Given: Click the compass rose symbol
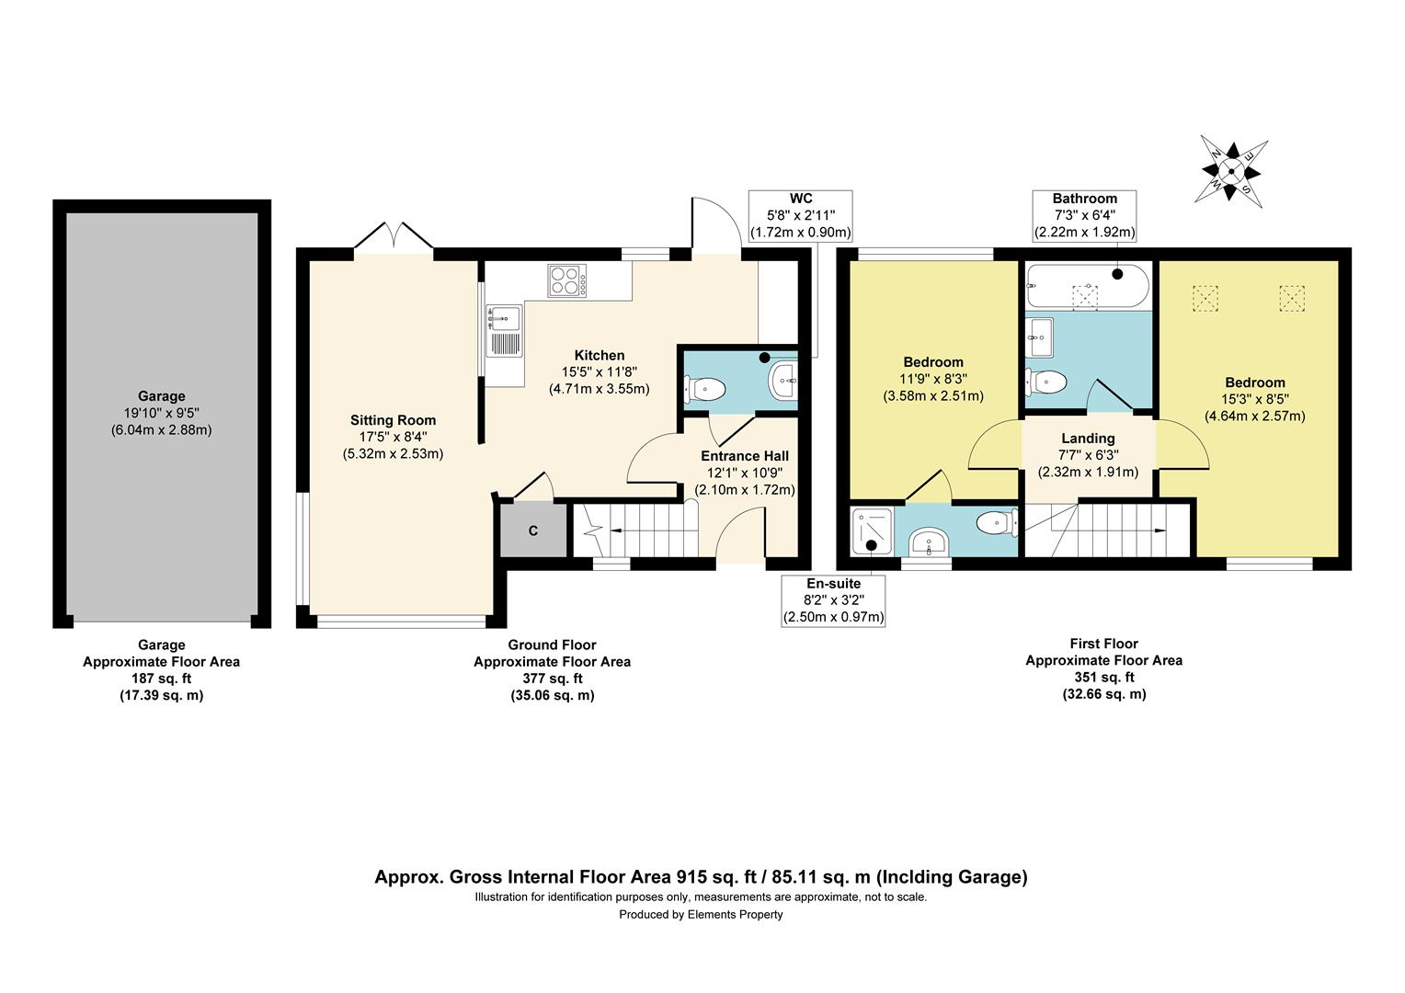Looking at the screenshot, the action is (1230, 171).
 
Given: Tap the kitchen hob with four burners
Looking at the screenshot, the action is (567, 280).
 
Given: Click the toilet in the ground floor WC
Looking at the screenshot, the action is (705, 390).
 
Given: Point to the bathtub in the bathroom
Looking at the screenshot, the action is (1088, 285).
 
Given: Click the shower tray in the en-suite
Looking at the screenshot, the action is (872, 531).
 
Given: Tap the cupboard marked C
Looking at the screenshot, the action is (533, 531).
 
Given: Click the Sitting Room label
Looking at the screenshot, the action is (393, 420).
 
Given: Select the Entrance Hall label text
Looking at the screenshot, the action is (745, 456).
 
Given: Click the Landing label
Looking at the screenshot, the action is (1089, 439).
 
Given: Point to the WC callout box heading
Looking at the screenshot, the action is (801, 199).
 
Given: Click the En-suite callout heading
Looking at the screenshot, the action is (834, 583).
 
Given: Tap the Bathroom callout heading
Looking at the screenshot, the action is (1084, 199).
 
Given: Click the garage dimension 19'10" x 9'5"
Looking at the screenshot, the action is (161, 413).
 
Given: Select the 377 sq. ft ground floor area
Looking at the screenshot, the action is (552, 679).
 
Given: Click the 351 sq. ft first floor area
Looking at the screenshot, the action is (1104, 677).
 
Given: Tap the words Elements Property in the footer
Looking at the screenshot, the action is (735, 915).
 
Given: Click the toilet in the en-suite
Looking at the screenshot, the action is (996, 522).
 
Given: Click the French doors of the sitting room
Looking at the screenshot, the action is (394, 236).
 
